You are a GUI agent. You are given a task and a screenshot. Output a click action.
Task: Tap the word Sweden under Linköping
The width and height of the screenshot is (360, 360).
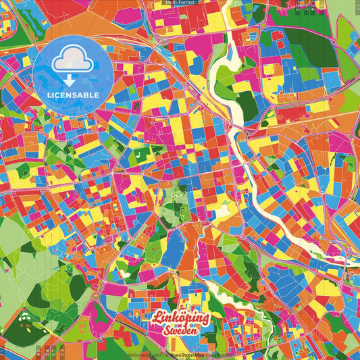coord(181,331)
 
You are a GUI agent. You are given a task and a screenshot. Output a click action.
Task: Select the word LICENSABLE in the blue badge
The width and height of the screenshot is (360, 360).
coord(72,95)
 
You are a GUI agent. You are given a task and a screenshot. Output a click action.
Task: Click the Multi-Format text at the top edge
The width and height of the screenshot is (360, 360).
coord(180,3)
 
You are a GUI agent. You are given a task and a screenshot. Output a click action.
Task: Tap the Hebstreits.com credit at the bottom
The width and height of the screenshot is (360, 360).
coord(143,355)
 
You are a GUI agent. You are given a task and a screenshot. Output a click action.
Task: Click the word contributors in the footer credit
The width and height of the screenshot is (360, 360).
coord(218,355)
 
